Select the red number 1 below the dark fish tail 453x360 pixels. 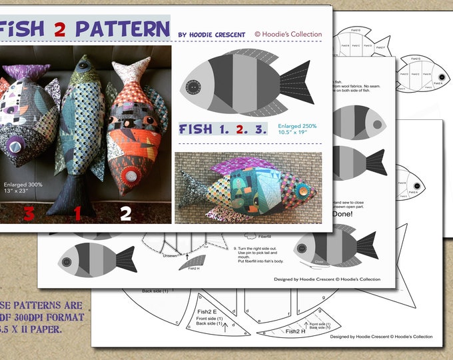click(x=78, y=213)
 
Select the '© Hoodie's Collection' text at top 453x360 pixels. click(x=288, y=34)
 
